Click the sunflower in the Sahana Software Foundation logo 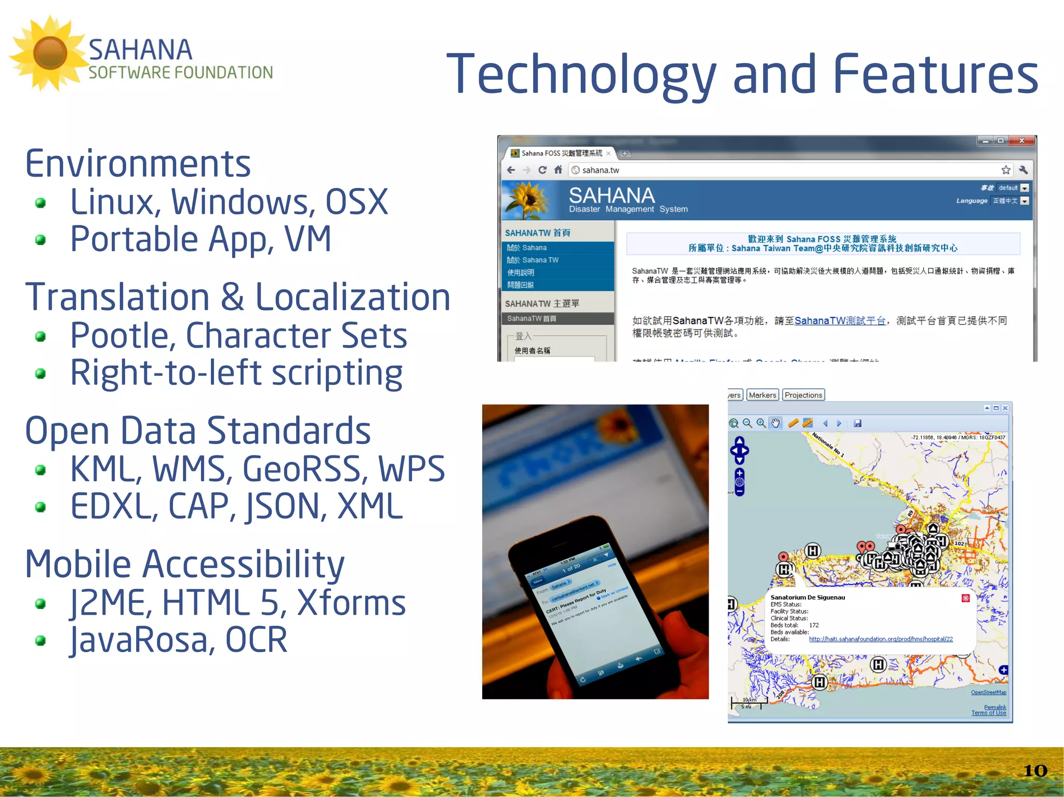(50, 53)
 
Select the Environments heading (138, 163)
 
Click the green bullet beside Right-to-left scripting (41, 373)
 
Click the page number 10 (1034, 771)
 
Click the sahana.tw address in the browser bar (600, 170)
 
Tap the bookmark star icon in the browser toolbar (1006, 170)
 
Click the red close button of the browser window (1021, 141)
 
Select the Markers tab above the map (762, 395)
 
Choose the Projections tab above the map (803, 395)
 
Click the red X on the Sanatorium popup (965, 598)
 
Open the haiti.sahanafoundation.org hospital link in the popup (881, 639)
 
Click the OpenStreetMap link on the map (988, 692)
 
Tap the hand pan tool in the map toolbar (775, 423)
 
